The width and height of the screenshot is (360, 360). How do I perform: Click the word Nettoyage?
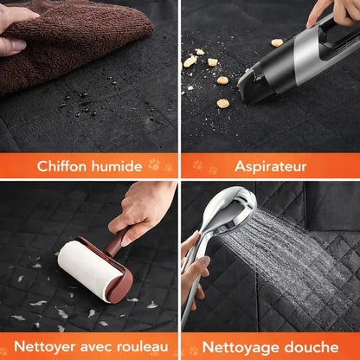[x=241, y=347]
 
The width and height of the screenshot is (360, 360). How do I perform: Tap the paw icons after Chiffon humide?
[x=159, y=165]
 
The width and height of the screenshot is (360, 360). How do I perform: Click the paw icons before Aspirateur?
[x=202, y=165]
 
